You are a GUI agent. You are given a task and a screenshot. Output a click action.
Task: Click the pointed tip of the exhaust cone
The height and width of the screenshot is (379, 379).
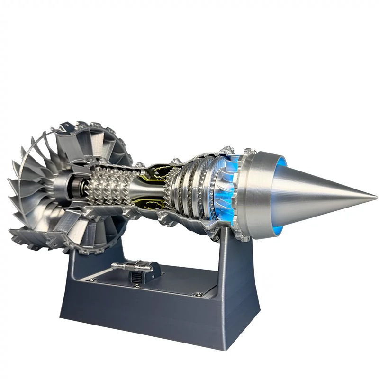(x=376, y=195)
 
